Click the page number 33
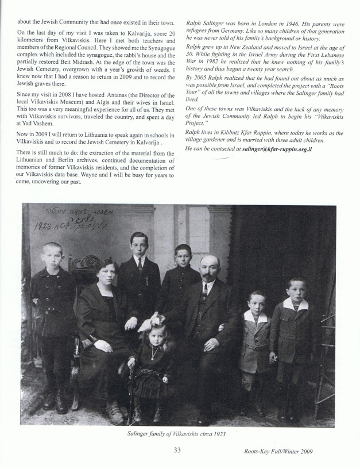pos(177,451)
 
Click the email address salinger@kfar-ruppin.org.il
pos(273,149)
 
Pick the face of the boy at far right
pos(296,291)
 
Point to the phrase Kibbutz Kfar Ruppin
pos(245,132)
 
